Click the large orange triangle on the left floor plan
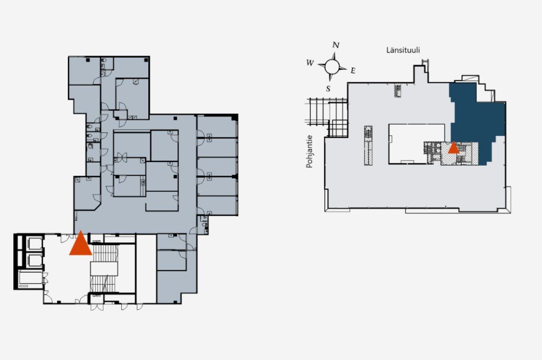click(x=80, y=245)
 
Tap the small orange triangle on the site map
click(x=454, y=148)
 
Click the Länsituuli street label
click(x=403, y=50)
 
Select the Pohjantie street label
click(x=309, y=151)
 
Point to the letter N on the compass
click(x=336, y=45)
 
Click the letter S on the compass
click(x=328, y=89)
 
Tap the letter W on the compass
click(x=310, y=63)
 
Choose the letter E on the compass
click(x=353, y=70)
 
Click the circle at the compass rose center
click(x=332, y=66)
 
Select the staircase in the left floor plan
click(x=104, y=268)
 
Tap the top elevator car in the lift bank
click(x=34, y=244)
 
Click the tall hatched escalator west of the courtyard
click(x=368, y=145)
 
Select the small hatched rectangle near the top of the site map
click(x=398, y=90)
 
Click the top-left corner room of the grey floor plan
click(x=84, y=70)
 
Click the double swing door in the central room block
click(x=120, y=158)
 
